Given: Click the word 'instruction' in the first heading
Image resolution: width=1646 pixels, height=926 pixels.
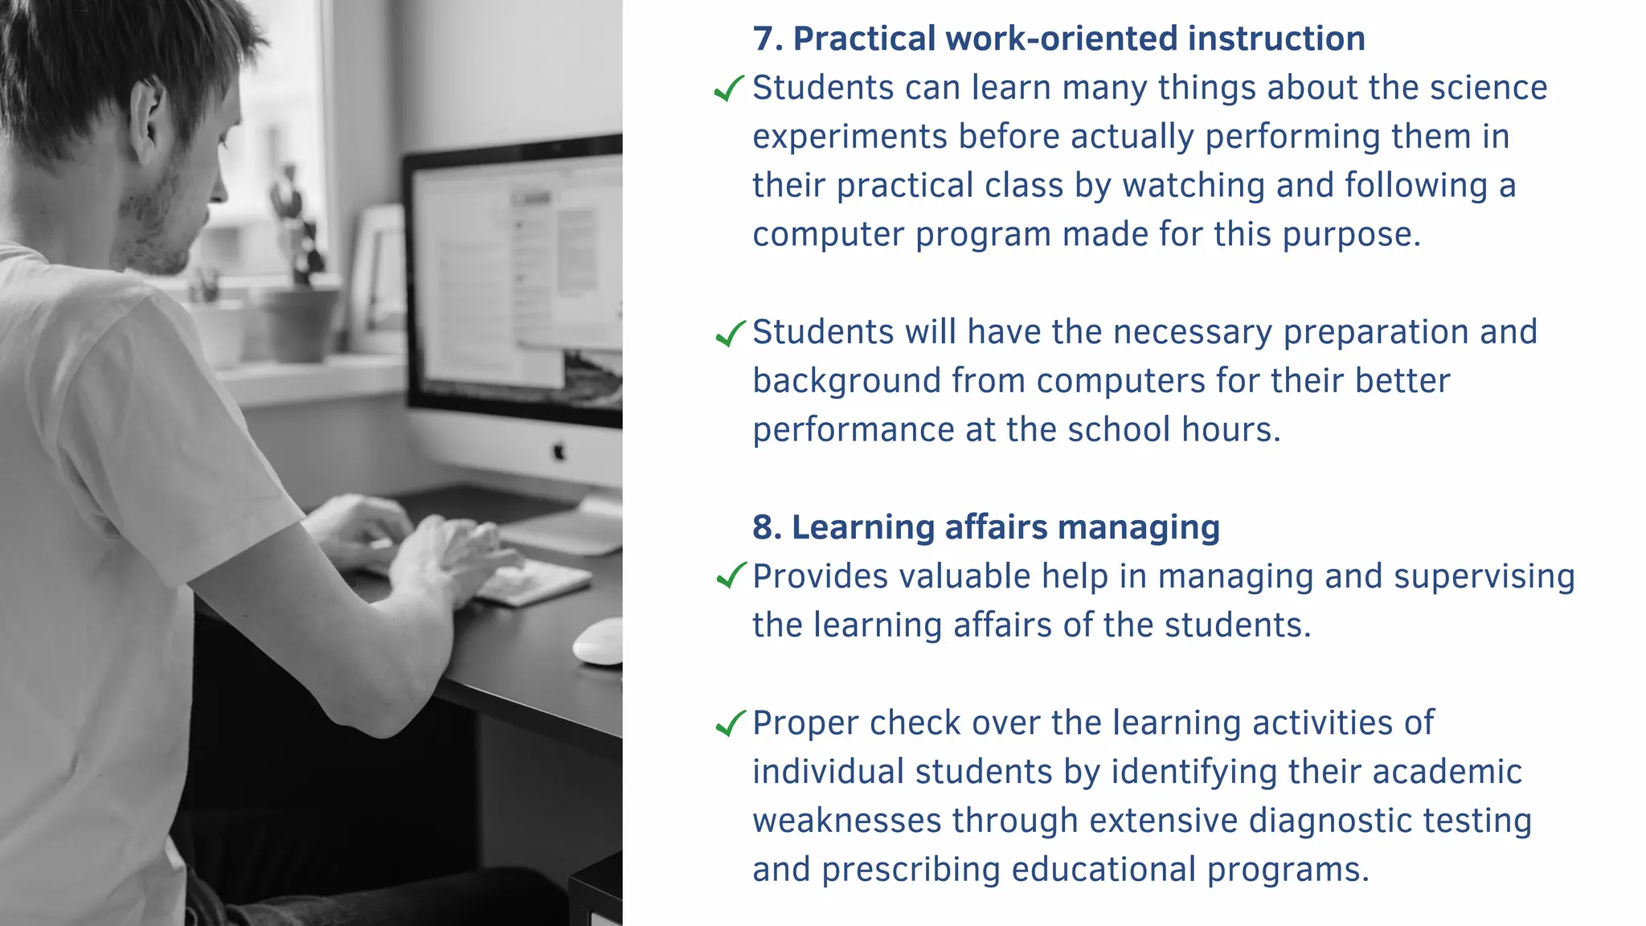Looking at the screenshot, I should point(1276,39).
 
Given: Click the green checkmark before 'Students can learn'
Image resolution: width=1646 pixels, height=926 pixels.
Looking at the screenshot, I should point(730,88).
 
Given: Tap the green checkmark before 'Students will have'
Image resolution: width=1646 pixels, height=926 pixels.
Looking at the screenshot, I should point(730,333).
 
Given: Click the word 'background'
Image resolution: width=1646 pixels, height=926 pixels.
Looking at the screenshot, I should point(846,381).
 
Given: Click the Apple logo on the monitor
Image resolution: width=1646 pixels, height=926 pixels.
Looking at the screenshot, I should point(559,452).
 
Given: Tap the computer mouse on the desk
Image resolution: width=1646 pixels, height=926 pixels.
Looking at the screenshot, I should point(599,641).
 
